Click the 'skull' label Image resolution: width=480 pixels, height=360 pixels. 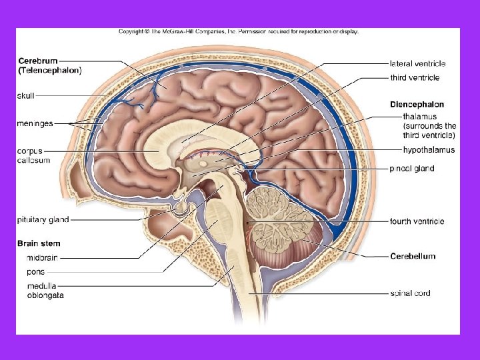25,96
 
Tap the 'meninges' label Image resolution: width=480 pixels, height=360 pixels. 35,123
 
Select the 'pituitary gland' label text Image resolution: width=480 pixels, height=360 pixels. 43,219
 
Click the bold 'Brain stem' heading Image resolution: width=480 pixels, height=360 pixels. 39,244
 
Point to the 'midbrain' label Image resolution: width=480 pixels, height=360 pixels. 41,258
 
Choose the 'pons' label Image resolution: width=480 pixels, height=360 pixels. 36,272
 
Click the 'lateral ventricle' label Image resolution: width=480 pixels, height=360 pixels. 417,64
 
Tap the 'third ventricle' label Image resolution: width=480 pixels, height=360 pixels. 415,78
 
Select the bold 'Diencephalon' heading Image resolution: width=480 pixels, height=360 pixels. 417,105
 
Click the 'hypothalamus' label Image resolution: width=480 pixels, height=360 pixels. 429,150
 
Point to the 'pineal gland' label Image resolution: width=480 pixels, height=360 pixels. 412,169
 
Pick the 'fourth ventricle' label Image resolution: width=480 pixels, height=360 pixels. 417,221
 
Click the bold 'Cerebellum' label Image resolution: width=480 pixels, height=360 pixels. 413,257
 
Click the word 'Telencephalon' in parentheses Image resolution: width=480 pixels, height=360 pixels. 51,70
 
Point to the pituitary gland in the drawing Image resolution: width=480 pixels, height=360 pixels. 179,208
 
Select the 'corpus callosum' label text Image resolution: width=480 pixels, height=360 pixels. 33,156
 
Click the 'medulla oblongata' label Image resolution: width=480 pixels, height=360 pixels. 45,291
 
